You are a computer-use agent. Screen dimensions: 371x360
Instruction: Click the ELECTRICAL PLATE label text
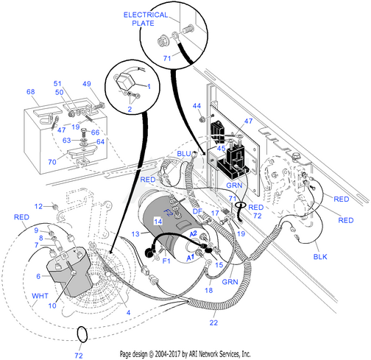(x=146, y=19)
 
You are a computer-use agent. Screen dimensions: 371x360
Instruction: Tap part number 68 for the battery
(x=31, y=92)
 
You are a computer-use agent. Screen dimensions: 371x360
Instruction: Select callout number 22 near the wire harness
(x=213, y=322)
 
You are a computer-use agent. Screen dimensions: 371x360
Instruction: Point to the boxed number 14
(x=158, y=222)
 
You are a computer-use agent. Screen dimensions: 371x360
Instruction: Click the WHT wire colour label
(x=40, y=296)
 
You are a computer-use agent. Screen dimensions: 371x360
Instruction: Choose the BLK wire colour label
(x=320, y=257)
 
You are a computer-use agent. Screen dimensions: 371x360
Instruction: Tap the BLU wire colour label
(x=184, y=154)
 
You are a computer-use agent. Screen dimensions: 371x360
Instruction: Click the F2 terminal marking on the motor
(x=169, y=212)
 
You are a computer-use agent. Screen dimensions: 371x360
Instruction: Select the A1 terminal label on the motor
(x=191, y=258)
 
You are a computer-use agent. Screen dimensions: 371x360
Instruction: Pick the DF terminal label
(x=197, y=211)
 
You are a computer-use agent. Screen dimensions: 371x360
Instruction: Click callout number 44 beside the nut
(x=197, y=106)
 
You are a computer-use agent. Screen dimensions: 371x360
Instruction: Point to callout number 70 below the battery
(x=52, y=162)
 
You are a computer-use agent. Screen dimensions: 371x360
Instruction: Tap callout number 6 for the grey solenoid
(x=38, y=276)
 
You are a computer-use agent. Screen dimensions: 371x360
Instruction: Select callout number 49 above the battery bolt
(x=87, y=84)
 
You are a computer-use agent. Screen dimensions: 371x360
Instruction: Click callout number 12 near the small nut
(x=38, y=206)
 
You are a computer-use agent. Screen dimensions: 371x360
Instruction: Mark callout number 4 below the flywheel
(x=128, y=313)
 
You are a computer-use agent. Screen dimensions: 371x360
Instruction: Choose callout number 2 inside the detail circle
(x=130, y=109)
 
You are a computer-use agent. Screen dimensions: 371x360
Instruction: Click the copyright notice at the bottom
(x=185, y=354)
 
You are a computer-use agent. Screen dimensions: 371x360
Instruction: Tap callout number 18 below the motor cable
(x=208, y=290)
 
